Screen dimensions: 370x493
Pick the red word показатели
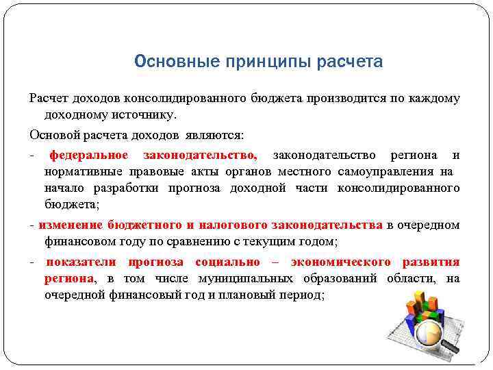[x=81, y=262]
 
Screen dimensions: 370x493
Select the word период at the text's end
[x=304, y=295]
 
